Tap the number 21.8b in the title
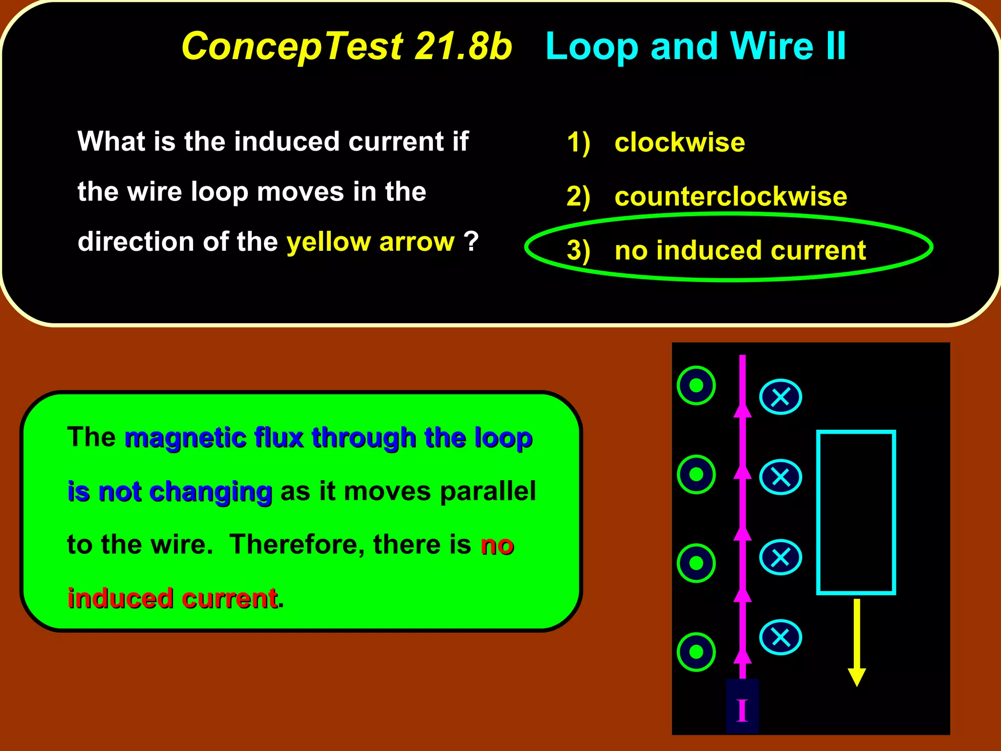(x=463, y=46)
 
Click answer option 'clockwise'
(x=679, y=143)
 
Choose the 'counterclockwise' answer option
(x=730, y=197)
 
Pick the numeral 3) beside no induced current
(x=578, y=251)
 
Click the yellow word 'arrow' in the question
(x=416, y=242)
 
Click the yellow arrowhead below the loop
(x=856, y=677)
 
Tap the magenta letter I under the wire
(x=742, y=710)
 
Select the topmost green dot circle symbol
(x=696, y=385)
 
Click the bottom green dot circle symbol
(x=696, y=652)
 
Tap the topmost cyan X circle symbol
(x=780, y=397)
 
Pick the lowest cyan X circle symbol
(x=780, y=637)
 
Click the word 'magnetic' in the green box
(x=185, y=438)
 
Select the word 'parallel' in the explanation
(x=487, y=491)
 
